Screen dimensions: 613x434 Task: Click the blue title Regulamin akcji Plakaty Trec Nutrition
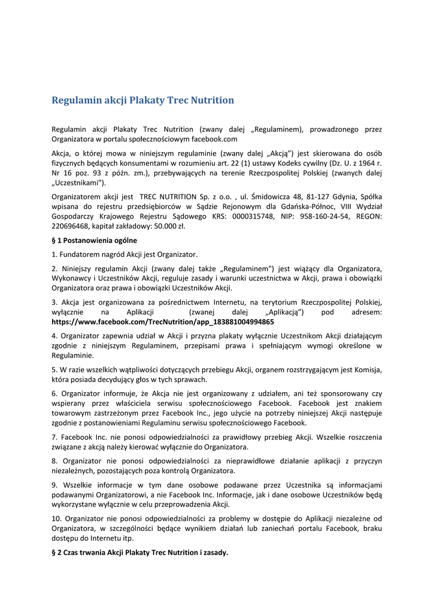point(142,101)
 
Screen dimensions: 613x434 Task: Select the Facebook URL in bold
point(163,322)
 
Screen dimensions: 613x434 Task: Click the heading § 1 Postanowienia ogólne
point(94,241)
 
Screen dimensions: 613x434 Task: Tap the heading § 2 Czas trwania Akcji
point(139,553)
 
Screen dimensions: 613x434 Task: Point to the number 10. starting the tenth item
point(57,518)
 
